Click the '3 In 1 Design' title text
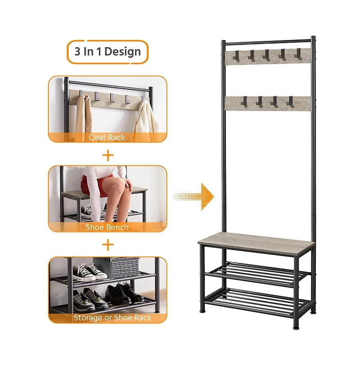tap(108, 52)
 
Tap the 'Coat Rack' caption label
tap(107, 138)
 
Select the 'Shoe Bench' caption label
tap(107, 227)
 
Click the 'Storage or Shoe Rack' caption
tap(112, 317)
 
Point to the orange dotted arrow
tap(193, 196)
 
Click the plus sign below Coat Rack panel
tap(108, 155)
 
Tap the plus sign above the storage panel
tap(108, 245)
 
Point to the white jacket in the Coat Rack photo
tap(147, 120)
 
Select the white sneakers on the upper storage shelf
tap(89, 272)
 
